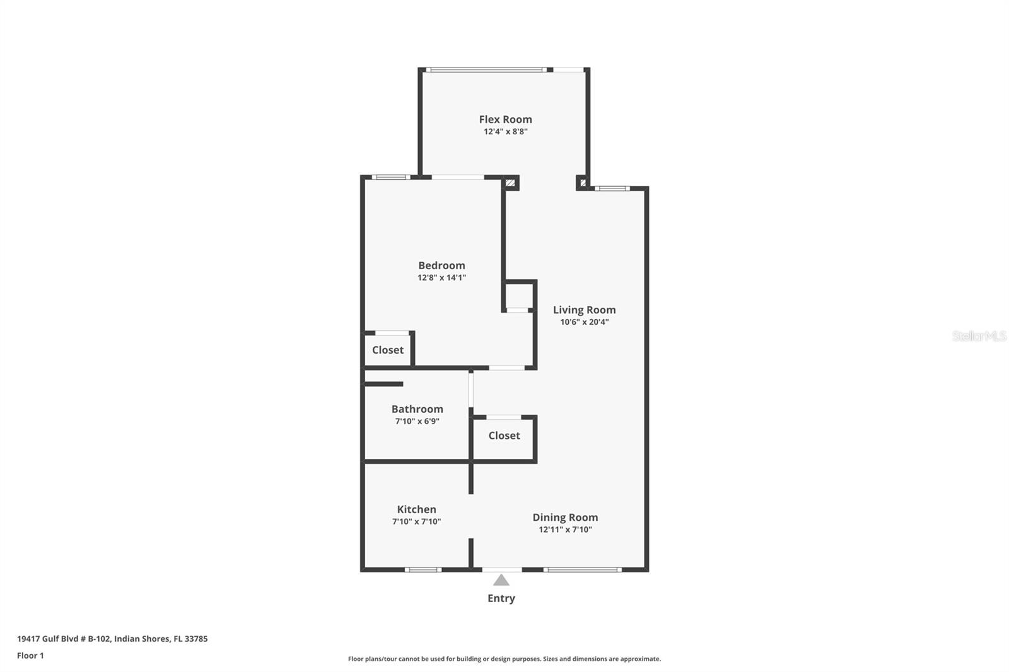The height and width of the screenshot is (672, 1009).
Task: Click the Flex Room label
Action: click(x=505, y=119)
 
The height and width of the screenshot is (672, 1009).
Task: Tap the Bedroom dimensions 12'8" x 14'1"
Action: click(x=441, y=277)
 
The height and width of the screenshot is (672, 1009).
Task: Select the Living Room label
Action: click(x=584, y=310)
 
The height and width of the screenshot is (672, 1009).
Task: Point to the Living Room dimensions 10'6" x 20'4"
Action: click(x=584, y=322)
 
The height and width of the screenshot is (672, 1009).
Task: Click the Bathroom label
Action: click(x=417, y=409)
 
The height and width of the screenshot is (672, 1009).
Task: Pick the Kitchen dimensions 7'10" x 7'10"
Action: click(x=416, y=521)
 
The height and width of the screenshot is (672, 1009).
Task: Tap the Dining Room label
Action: click(x=565, y=518)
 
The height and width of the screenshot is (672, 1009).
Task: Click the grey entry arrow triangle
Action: click(x=501, y=580)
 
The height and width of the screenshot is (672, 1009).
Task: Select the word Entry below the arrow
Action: click(x=501, y=598)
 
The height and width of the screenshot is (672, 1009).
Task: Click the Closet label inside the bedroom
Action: click(x=387, y=350)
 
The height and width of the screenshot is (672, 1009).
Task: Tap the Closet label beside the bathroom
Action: click(x=504, y=436)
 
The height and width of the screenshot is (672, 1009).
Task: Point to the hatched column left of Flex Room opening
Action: click(x=510, y=183)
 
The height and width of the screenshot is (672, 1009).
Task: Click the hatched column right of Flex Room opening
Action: click(x=583, y=183)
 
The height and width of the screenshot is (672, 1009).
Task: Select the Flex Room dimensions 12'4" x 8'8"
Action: click(x=505, y=132)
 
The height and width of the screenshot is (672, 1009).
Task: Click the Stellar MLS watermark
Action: click(x=979, y=335)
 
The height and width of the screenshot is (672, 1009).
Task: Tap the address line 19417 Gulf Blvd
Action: click(x=112, y=639)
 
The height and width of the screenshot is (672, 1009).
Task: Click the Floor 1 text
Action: click(x=30, y=656)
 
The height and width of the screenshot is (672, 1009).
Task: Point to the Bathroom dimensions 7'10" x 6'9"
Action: click(x=417, y=421)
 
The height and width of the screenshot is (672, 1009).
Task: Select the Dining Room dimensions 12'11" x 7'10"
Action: click(x=565, y=530)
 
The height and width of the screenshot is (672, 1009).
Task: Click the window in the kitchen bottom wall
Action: click(x=423, y=570)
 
